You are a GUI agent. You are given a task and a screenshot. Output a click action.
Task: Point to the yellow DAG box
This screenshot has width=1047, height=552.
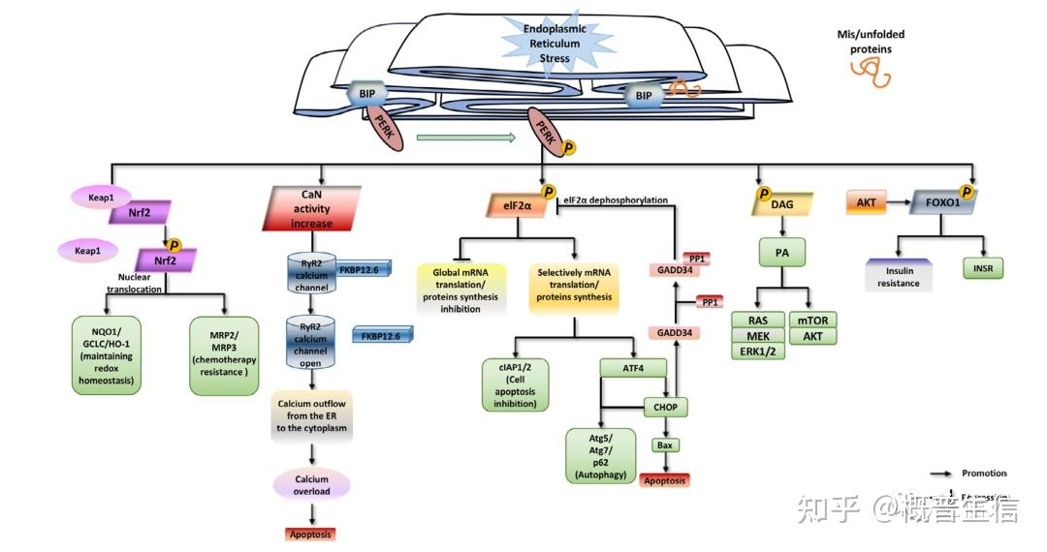click(781, 203)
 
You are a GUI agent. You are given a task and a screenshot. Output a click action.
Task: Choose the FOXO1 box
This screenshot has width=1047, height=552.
click(941, 202)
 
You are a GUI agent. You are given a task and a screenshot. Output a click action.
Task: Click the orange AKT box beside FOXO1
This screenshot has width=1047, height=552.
click(866, 202)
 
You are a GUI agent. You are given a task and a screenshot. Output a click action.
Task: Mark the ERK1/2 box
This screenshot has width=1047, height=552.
click(757, 351)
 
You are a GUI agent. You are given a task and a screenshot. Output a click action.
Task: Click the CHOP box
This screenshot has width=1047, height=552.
click(665, 407)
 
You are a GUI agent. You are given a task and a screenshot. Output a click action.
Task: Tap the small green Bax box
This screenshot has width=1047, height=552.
click(664, 445)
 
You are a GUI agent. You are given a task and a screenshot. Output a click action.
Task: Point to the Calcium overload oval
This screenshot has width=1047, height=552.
click(311, 485)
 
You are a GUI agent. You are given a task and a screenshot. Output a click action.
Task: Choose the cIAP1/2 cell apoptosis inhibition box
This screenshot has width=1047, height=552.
click(515, 384)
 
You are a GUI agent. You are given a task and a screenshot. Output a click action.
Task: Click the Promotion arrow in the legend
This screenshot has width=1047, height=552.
click(941, 474)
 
